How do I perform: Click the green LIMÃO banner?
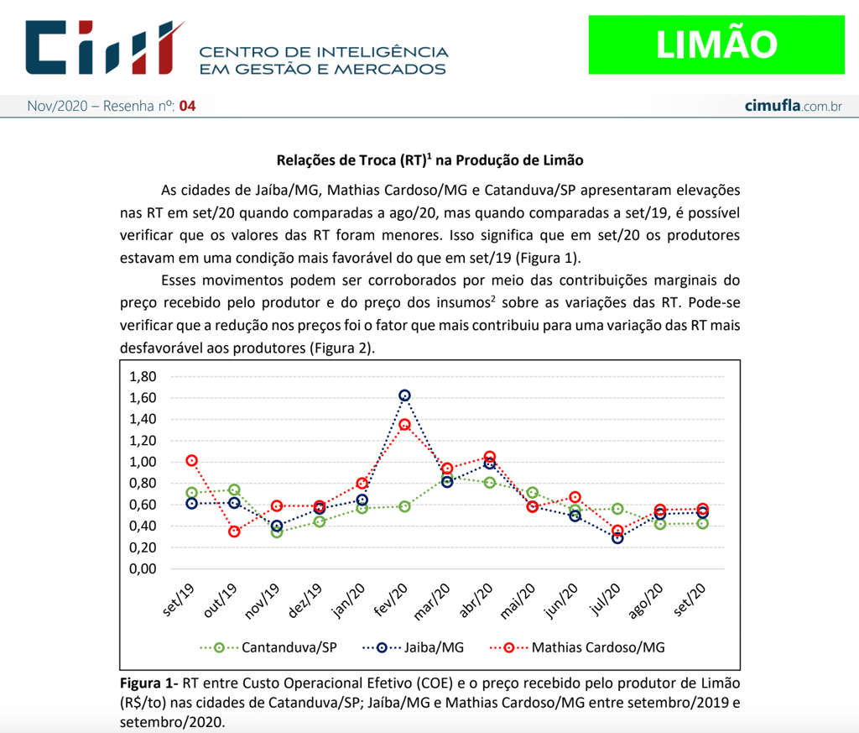coord(716,44)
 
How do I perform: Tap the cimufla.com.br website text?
coord(793,106)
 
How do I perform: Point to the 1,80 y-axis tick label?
coord(143,375)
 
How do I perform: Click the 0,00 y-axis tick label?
coord(143,568)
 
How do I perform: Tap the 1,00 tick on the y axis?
coord(143,462)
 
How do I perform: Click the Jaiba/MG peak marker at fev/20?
coord(404,395)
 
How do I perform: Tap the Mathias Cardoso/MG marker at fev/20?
coord(404,425)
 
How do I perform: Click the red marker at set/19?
coord(192,460)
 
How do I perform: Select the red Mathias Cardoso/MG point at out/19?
coord(234,531)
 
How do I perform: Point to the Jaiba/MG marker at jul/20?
coord(617,538)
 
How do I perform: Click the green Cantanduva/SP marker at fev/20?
coord(404,506)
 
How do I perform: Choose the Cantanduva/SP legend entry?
coord(268,647)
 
